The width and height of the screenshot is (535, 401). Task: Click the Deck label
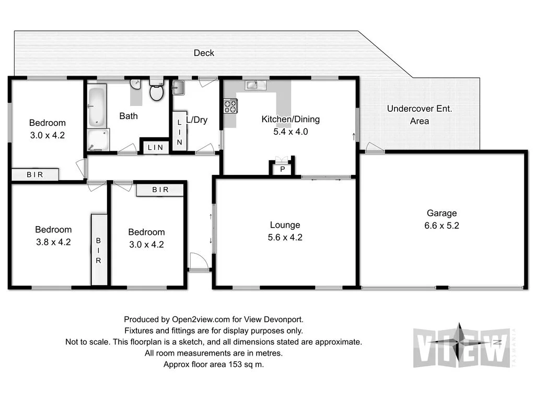[204, 53]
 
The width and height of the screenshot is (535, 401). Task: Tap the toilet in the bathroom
[156, 91]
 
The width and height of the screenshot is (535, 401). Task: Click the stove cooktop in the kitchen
[230, 106]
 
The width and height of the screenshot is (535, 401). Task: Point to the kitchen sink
[252, 85]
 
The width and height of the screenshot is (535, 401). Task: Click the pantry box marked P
[282, 169]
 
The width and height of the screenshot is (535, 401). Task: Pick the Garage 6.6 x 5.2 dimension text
[441, 226]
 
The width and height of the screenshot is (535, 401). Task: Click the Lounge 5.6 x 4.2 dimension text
[285, 237]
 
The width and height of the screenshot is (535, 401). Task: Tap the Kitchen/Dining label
[290, 119]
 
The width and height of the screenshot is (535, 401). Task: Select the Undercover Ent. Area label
[420, 115]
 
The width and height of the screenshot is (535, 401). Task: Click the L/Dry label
[197, 120]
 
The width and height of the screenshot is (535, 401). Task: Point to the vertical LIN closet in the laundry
[179, 132]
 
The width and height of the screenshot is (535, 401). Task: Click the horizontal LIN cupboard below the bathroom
[155, 148]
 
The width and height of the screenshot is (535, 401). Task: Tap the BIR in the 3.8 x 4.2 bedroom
[98, 250]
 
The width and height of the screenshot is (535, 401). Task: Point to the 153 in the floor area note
[233, 364]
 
